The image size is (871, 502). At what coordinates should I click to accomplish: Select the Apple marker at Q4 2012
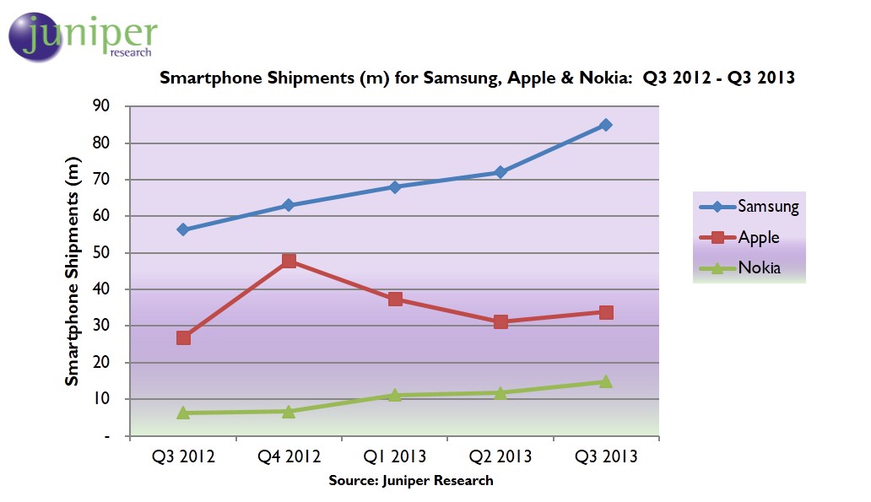point(289,261)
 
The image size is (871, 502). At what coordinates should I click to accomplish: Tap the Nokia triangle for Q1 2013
point(395,395)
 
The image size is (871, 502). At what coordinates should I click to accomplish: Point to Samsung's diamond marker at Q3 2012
point(183,229)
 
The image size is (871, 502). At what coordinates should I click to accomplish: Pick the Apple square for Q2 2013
point(500,321)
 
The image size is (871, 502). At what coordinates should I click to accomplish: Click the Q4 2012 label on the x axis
point(289,456)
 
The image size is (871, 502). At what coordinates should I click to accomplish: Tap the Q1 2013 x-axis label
point(395,456)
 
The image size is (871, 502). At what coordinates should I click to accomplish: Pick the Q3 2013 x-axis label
point(606,456)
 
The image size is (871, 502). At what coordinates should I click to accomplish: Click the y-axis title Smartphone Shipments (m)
point(73,272)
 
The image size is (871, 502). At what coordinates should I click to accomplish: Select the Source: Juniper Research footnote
point(411,480)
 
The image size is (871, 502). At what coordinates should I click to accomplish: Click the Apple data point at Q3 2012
point(183,337)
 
